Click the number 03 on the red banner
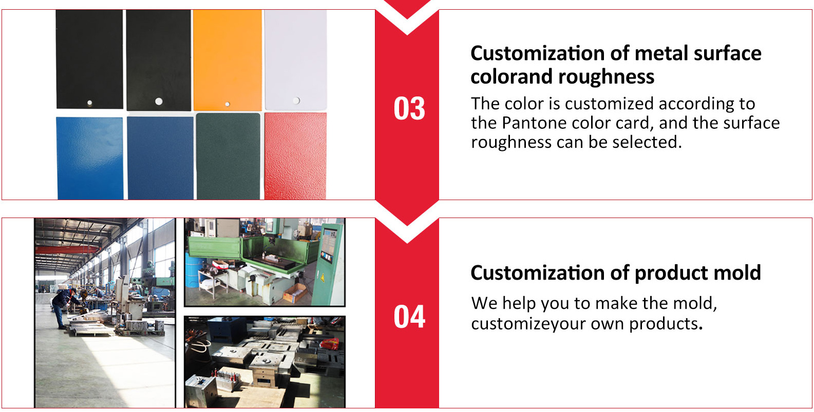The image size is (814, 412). [x=409, y=108]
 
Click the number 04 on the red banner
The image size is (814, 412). [x=409, y=317]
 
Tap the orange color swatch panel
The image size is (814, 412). [x=228, y=60]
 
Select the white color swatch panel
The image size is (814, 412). [x=295, y=60]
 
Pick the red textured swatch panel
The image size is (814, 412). [x=295, y=156]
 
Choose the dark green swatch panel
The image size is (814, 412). [x=228, y=156]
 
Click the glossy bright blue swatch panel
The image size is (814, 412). [x=90, y=158]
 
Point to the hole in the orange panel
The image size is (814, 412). [x=228, y=104]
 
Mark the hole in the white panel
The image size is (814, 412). [x=296, y=101]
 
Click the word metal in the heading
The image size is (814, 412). [x=661, y=53]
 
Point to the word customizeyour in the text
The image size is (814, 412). [x=529, y=324]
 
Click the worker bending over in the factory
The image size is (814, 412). [x=65, y=307]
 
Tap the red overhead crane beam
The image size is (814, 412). [x=68, y=249]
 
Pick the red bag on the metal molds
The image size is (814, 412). [x=330, y=343]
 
